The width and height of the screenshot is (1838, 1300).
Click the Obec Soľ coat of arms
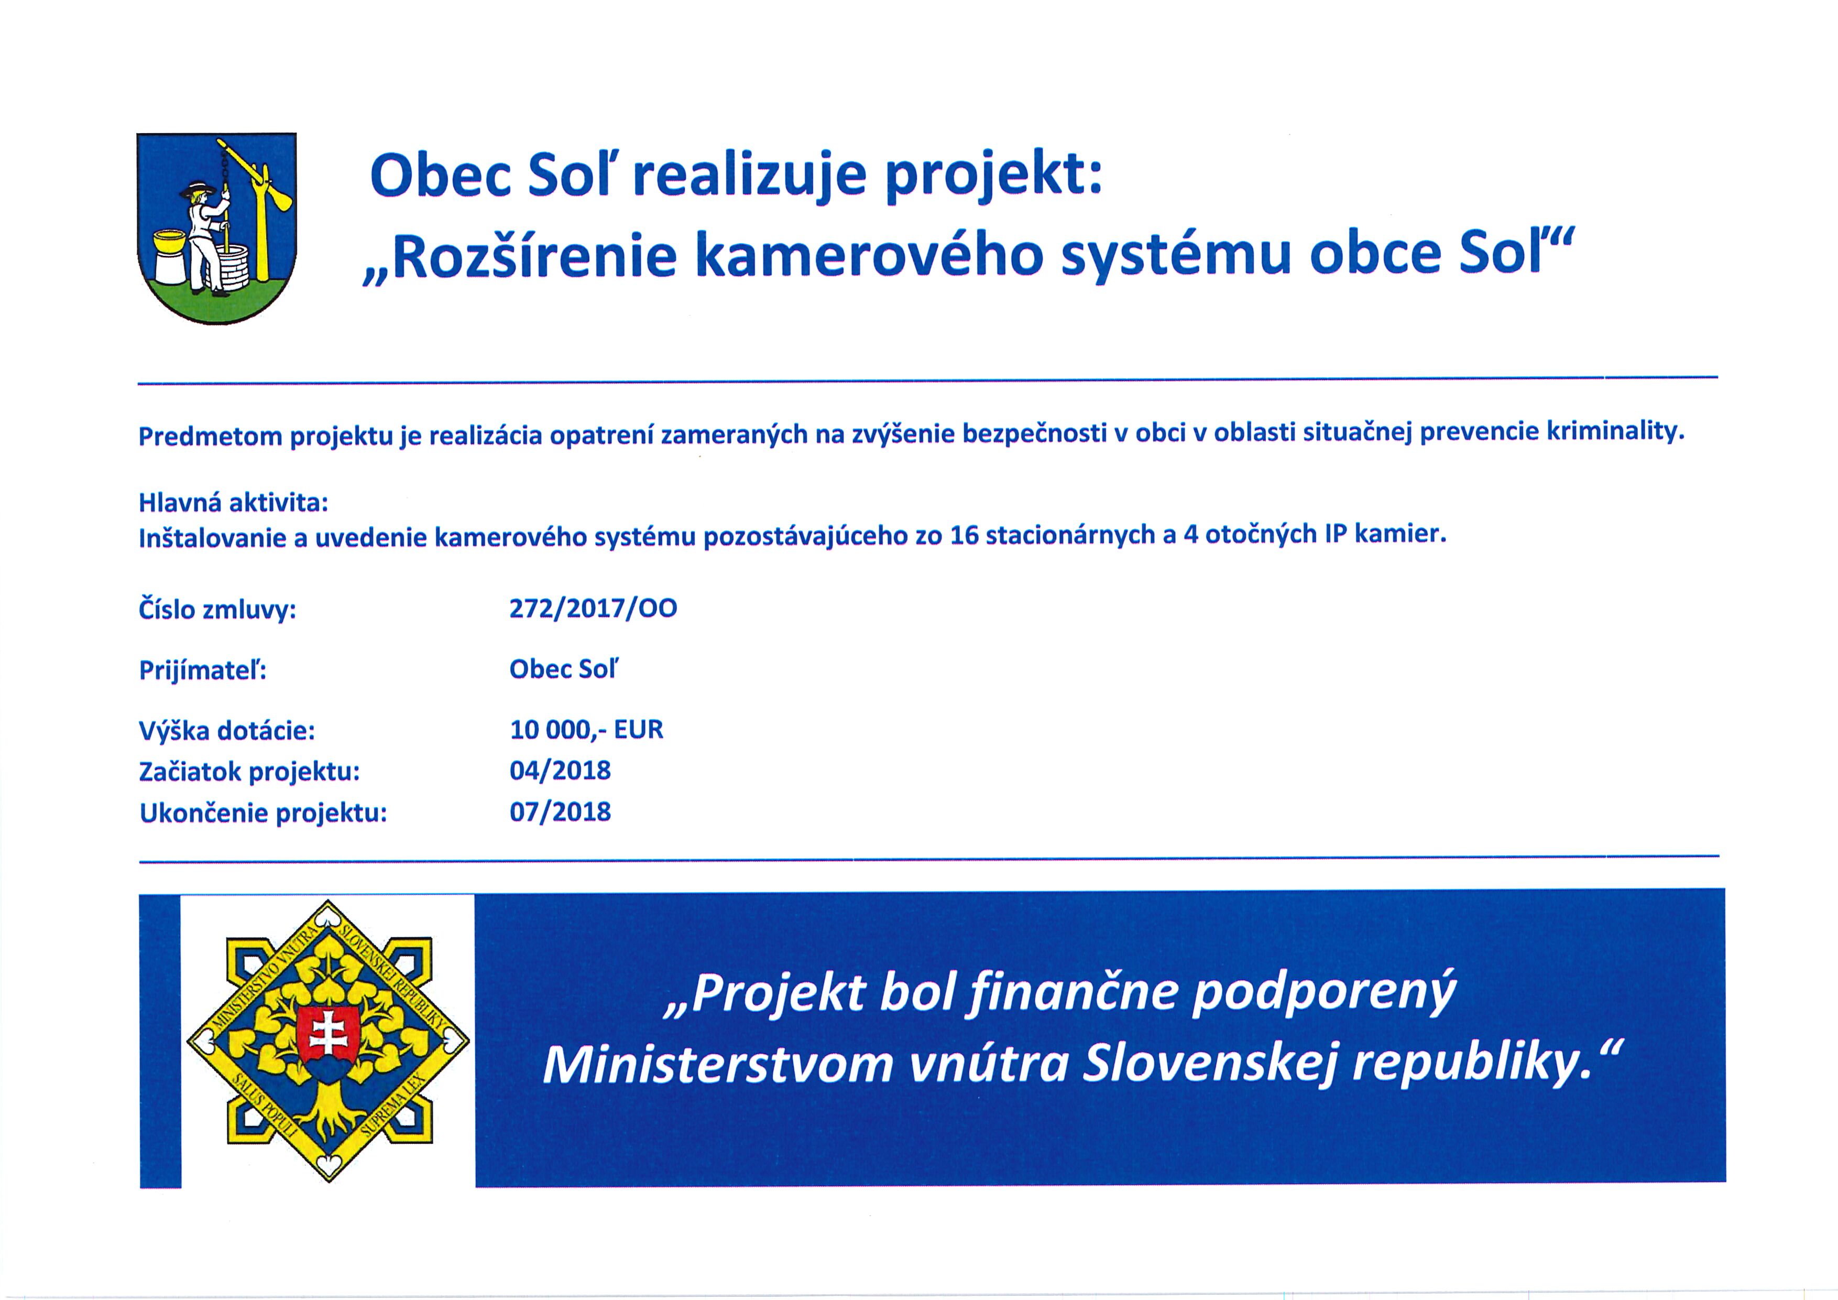[x=217, y=228]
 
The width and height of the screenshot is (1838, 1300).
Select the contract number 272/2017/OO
[x=593, y=609]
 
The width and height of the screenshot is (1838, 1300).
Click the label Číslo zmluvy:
[x=218, y=610]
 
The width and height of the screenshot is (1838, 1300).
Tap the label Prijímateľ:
[x=203, y=669]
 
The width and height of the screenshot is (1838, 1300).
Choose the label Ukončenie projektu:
[x=264, y=814]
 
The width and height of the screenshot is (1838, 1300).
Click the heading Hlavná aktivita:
[x=234, y=503]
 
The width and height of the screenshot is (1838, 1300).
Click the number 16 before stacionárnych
[x=965, y=535]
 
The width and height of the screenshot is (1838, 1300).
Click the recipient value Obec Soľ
[x=564, y=669]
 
